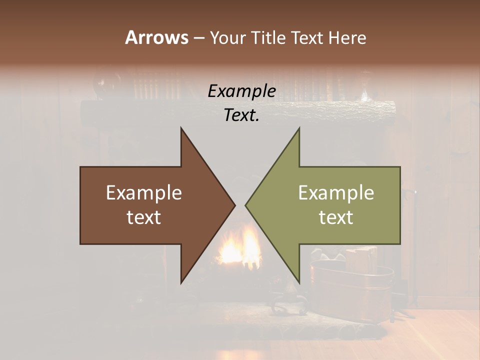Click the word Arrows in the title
156,37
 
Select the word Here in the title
347,37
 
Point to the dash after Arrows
198,38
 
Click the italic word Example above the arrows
241,91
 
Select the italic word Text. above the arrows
241,115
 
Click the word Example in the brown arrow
144,193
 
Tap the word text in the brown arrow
144,217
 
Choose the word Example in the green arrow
336,193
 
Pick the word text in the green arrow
336,217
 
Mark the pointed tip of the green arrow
246,205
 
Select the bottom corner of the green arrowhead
299,282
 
